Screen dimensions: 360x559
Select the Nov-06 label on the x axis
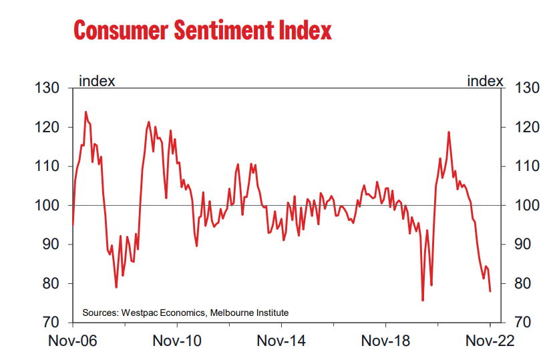[x=73, y=341]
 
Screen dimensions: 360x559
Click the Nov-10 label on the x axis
[x=177, y=341]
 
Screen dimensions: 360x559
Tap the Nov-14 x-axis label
[x=281, y=341]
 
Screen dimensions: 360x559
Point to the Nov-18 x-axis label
[x=385, y=341]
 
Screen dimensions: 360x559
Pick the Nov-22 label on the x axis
[x=490, y=341]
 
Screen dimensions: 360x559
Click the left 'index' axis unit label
[x=97, y=81]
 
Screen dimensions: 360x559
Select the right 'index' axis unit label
[x=485, y=81]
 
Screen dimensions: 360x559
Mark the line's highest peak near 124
[x=85, y=112]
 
